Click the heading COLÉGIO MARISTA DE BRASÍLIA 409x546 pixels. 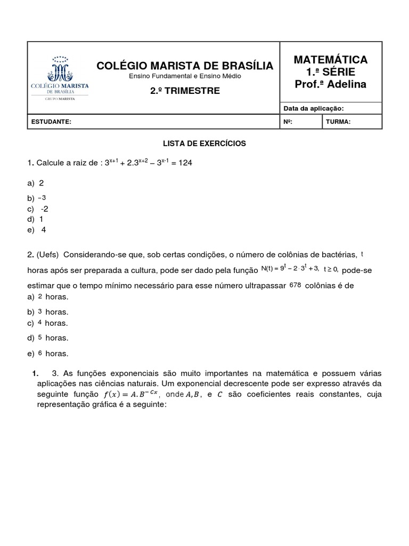[x=184, y=66]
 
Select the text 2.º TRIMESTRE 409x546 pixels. [x=184, y=91]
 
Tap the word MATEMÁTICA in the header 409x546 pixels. [x=330, y=59]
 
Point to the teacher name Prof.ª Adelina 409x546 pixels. [x=330, y=84]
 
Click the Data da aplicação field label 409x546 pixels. [x=314, y=108]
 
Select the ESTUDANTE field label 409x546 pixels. [x=51, y=122]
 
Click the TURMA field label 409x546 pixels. [x=338, y=122]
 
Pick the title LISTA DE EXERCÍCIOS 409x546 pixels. [x=204, y=143]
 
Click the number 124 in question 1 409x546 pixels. [x=185, y=163]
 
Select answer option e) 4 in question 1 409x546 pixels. [x=37, y=230]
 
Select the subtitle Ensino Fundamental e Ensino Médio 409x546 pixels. [x=185, y=77]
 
